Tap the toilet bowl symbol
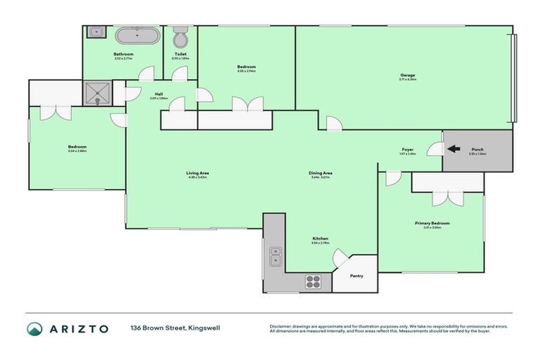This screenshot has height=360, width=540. tap(180, 37)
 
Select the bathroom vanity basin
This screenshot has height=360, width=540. tap(95, 32)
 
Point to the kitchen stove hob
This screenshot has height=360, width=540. tap(313, 282)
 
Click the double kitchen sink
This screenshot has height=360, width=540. tap(275, 256)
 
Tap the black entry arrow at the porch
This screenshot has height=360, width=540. tap(455, 149)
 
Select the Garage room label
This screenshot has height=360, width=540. tap(407, 75)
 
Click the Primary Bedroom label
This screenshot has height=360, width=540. tap(431, 223)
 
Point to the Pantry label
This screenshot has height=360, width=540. tap(356, 276)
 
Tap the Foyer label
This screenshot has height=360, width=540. tap(407, 149)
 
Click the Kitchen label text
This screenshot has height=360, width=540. tap(320, 238)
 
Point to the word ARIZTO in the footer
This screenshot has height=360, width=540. tap(79, 328)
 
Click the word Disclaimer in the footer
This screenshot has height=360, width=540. tap(282, 326)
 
